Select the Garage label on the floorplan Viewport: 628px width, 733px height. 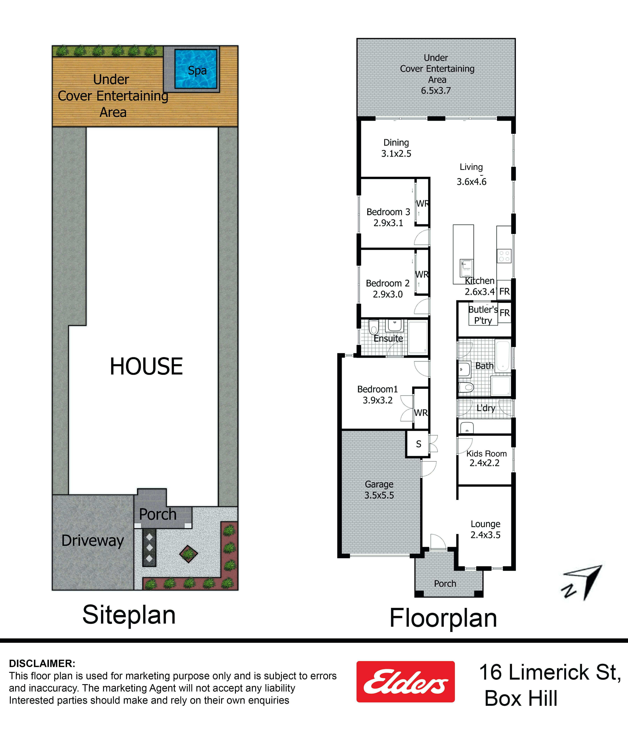tap(379, 484)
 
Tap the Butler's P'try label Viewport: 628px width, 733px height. tap(483, 315)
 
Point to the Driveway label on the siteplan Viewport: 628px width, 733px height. tap(93, 541)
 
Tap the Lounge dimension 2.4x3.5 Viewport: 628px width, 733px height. tap(485, 535)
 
